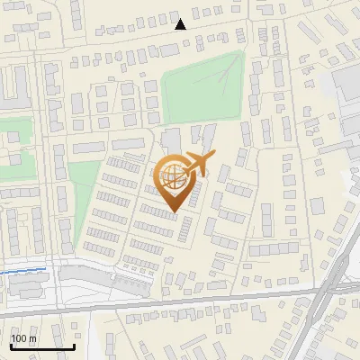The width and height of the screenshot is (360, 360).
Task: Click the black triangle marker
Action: click(181, 24)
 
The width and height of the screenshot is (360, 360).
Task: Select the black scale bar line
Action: click(41, 346)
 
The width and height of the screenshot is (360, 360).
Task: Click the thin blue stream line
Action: click(22, 270)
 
